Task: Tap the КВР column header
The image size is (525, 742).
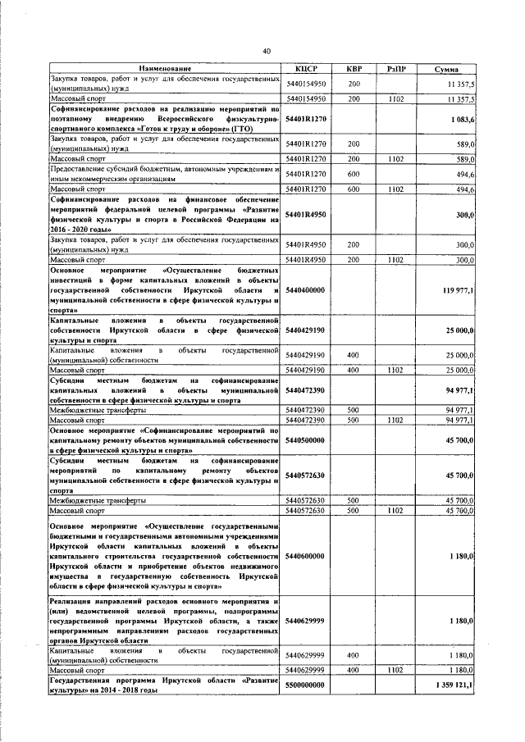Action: [x=354, y=68]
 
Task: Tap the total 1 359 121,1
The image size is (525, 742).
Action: [x=454, y=685]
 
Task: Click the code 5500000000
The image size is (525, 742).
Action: [x=306, y=685]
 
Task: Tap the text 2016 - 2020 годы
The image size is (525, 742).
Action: [x=81, y=230]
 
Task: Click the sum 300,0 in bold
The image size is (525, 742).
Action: [x=464, y=215]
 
